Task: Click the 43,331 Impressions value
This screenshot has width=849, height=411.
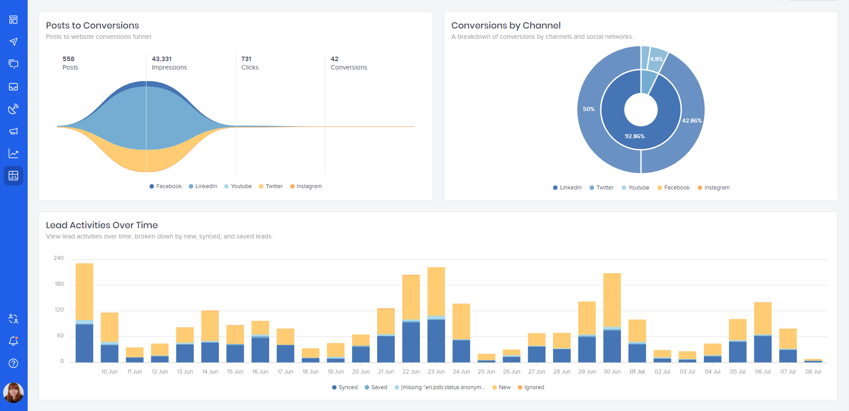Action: [162, 59]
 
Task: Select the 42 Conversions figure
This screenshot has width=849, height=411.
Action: [334, 59]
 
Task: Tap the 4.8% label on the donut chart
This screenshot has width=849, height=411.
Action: [656, 59]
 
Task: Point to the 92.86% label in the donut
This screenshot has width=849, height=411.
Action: [634, 136]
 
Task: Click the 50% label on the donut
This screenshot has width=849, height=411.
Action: [588, 109]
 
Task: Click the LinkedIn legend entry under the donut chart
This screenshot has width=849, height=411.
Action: [567, 188]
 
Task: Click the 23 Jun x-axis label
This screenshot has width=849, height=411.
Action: [436, 372]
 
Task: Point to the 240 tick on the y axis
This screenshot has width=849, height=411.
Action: [58, 258]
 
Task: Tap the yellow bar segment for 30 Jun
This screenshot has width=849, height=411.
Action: [612, 300]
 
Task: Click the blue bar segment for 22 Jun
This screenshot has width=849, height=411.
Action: [411, 342]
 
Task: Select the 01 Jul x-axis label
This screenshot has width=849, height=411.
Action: [637, 372]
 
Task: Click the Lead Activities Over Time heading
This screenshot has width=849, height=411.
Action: [102, 225]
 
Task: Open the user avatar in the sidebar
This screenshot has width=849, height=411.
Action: [13, 392]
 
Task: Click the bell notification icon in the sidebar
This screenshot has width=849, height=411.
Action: [13, 341]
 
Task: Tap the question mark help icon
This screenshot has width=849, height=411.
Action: [13, 363]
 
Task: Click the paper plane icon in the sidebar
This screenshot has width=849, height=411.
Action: [13, 42]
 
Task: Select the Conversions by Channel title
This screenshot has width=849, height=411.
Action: [506, 25]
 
